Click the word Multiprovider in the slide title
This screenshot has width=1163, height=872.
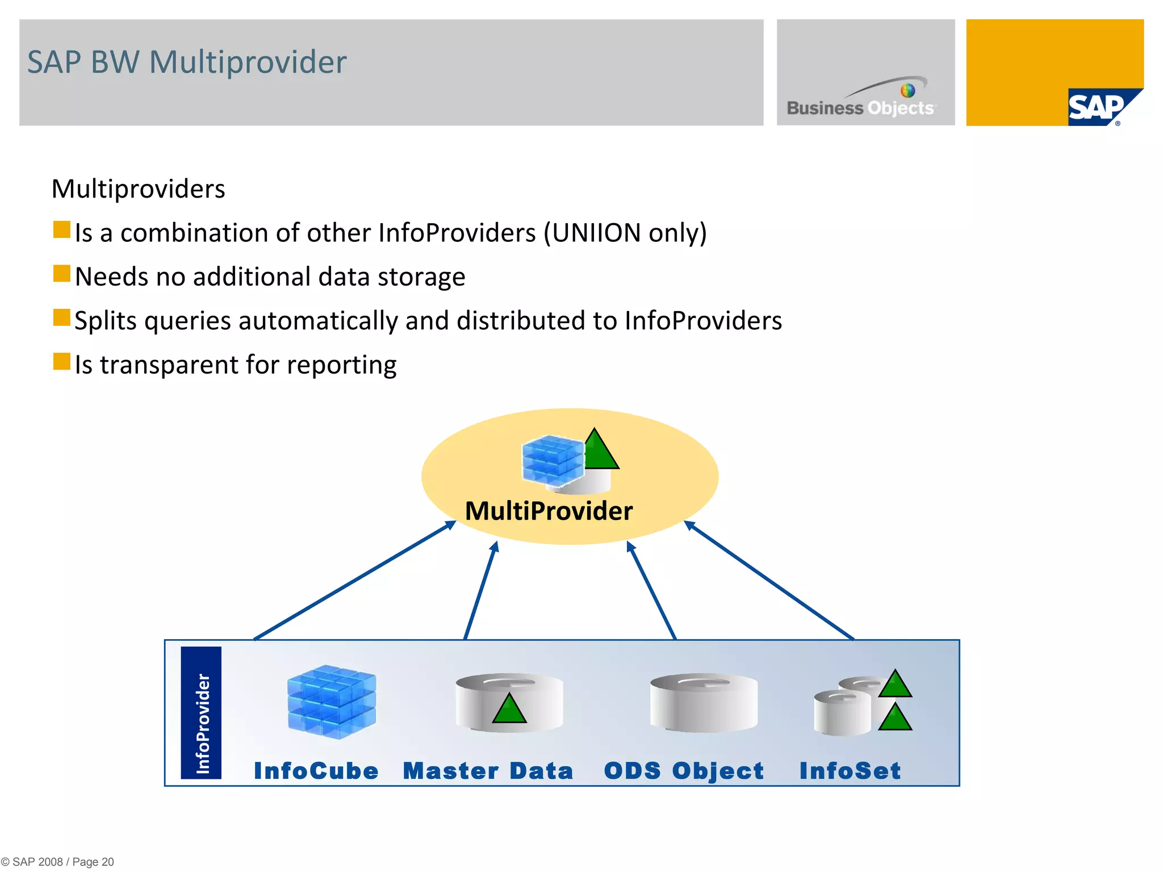[248, 62]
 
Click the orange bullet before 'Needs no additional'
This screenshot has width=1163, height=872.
[61, 274]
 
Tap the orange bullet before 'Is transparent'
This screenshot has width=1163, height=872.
[61, 362]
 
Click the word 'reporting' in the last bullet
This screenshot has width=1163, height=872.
[341, 366]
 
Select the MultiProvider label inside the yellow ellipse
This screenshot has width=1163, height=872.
[549, 511]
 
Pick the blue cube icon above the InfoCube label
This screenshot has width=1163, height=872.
[331, 702]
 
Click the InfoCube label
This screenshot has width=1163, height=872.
[316, 771]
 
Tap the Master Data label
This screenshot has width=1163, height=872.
[488, 771]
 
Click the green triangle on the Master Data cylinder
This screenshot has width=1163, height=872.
[509, 710]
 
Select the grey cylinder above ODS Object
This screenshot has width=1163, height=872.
[704, 703]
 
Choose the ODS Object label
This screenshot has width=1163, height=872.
[684, 771]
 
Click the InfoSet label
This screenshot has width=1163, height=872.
[850, 771]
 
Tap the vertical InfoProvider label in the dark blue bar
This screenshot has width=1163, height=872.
[202, 723]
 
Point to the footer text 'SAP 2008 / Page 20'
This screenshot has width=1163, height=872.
[62, 862]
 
